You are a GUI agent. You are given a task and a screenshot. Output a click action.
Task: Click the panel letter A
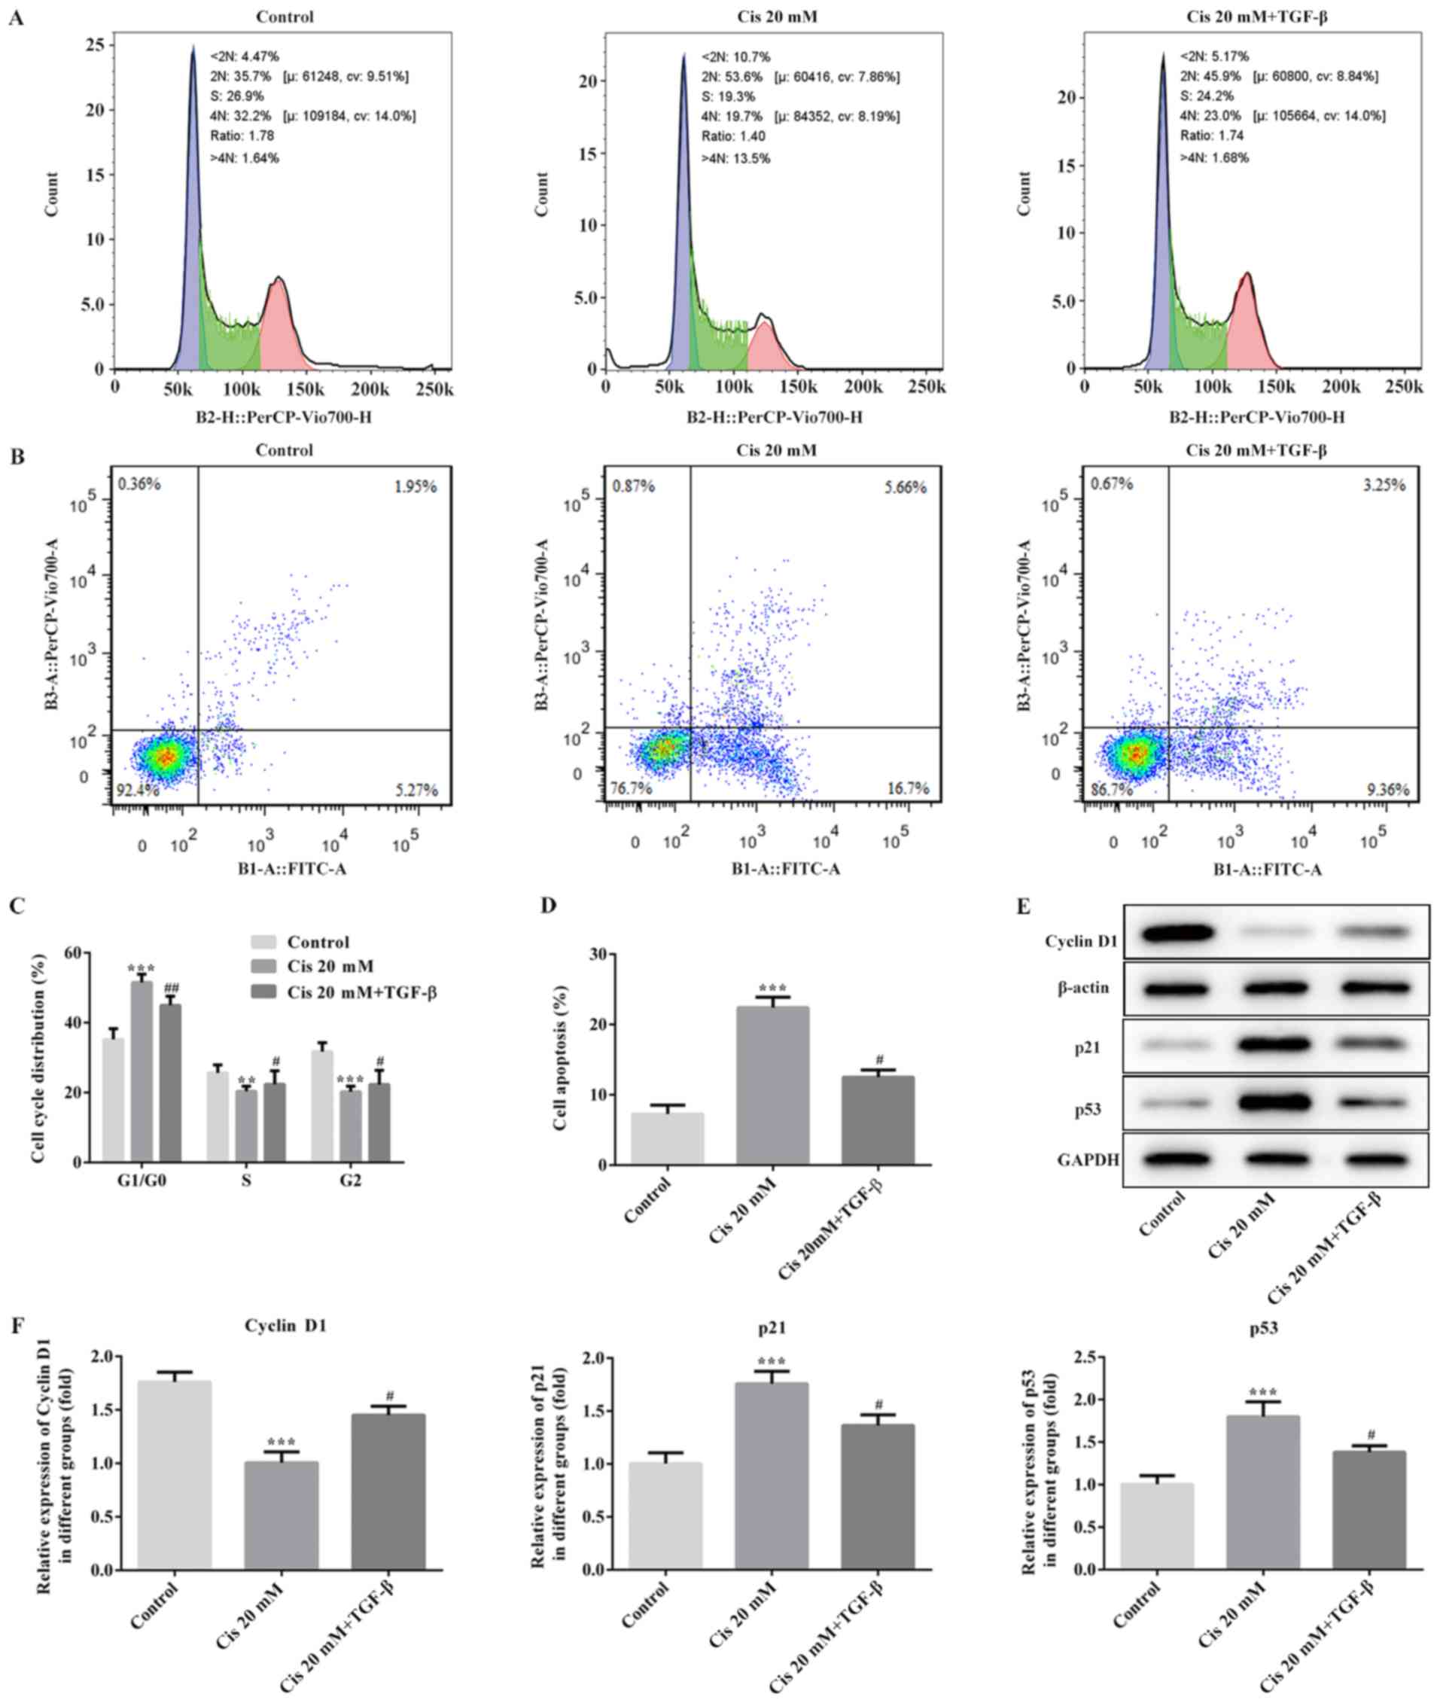click(x=16, y=17)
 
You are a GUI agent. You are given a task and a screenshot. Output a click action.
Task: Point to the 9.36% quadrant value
click(x=1387, y=790)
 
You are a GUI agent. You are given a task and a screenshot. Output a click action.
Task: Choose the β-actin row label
click(x=1080, y=987)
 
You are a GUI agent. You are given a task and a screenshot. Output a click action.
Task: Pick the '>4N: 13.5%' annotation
click(x=735, y=157)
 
